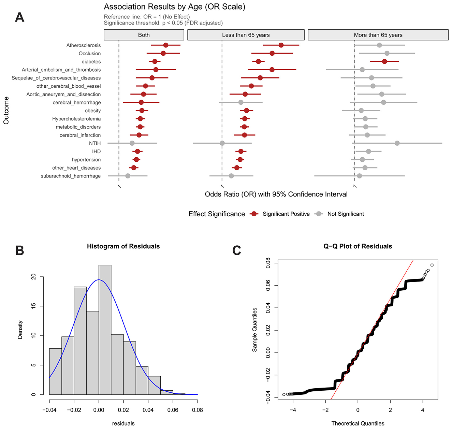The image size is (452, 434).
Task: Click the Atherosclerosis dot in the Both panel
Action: [x=166, y=45]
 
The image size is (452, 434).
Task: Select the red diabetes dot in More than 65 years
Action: [x=384, y=61]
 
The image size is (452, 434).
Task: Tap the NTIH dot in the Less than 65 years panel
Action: [x=222, y=143]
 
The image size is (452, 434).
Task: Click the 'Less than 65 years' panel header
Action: [x=246, y=35]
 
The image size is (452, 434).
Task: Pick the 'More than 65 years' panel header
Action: [x=378, y=35]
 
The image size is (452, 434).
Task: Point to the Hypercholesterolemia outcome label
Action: [x=76, y=119]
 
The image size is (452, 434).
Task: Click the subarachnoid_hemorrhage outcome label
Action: [x=71, y=176]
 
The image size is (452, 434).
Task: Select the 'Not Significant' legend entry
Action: [x=345, y=214]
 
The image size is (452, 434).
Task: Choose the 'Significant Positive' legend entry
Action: [x=286, y=214]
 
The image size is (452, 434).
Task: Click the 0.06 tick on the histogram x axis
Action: [x=173, y=410]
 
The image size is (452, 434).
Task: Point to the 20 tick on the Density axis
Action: [x=33, y=277]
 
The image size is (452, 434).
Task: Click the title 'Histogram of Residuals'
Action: [x=123, y=246]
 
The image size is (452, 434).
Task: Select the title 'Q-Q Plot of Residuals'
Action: [x=358, y=246]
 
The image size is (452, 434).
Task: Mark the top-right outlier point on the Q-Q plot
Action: [x=432, y=265]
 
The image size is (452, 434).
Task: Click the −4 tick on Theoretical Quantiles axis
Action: [x=293, y=410]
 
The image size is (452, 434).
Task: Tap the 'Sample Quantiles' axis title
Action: [x=254, y=330]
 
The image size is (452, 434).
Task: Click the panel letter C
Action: [x=237, y=251]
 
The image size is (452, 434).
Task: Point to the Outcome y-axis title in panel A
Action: [x=6, y=111]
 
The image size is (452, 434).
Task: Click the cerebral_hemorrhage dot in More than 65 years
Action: [x=383, y=102]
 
